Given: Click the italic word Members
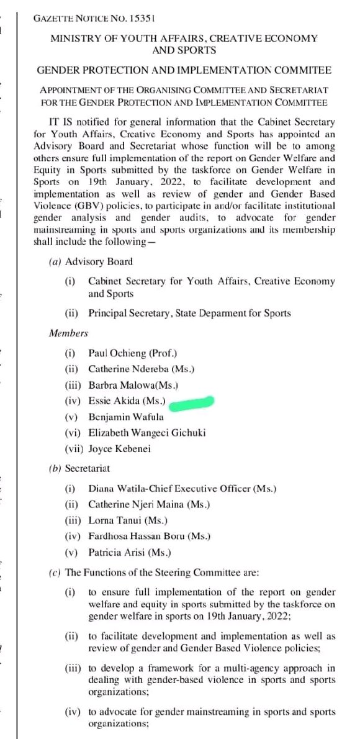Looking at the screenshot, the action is click(68, 333).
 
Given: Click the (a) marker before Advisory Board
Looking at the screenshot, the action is click(54, 261).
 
